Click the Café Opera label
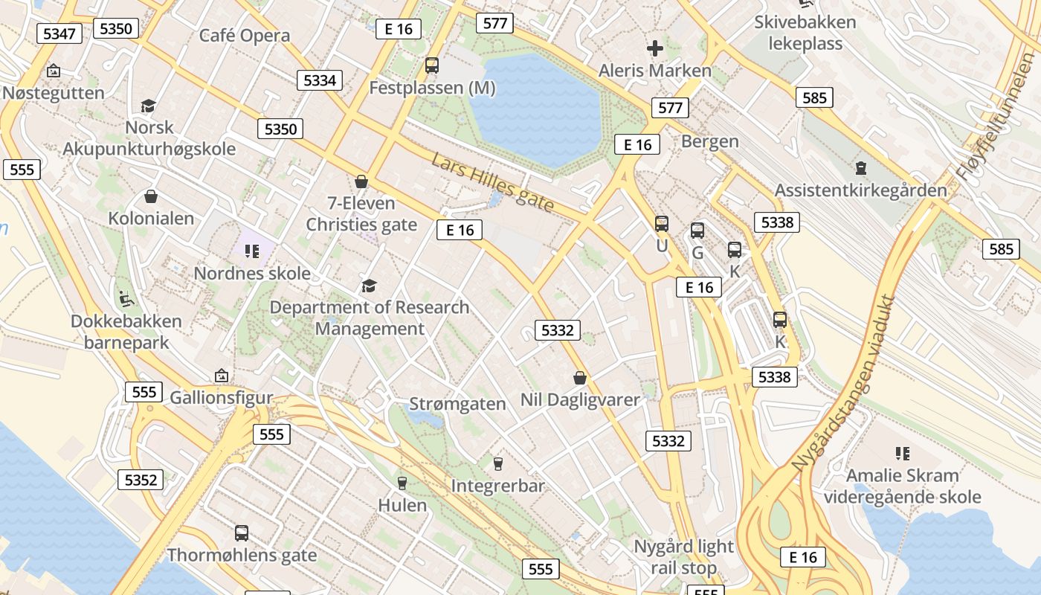(x=245, y=36)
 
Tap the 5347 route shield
(x=59, y=33)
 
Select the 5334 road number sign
(x=320, y=80)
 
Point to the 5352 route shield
(x=141, y=480)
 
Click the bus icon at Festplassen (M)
(x=432, y=65)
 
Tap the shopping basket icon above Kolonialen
(x=151, y=196)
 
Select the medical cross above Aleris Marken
(x=655, y=49)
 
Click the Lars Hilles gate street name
(x=493, y=182)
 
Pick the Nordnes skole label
(x=252, y=273)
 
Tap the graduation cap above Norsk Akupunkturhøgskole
(x=148, y=106)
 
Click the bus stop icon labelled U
(x=662, y=223)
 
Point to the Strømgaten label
(x=457, y=404)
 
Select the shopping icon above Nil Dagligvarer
(x=580, y=378)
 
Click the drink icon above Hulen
(x=402, y=483)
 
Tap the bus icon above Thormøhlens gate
(x=242, y=533)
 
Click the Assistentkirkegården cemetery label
(x=861, y=190)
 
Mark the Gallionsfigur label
(x=222, y=397)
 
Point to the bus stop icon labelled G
(x=697, y=231)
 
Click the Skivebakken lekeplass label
(x=805, y=33)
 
